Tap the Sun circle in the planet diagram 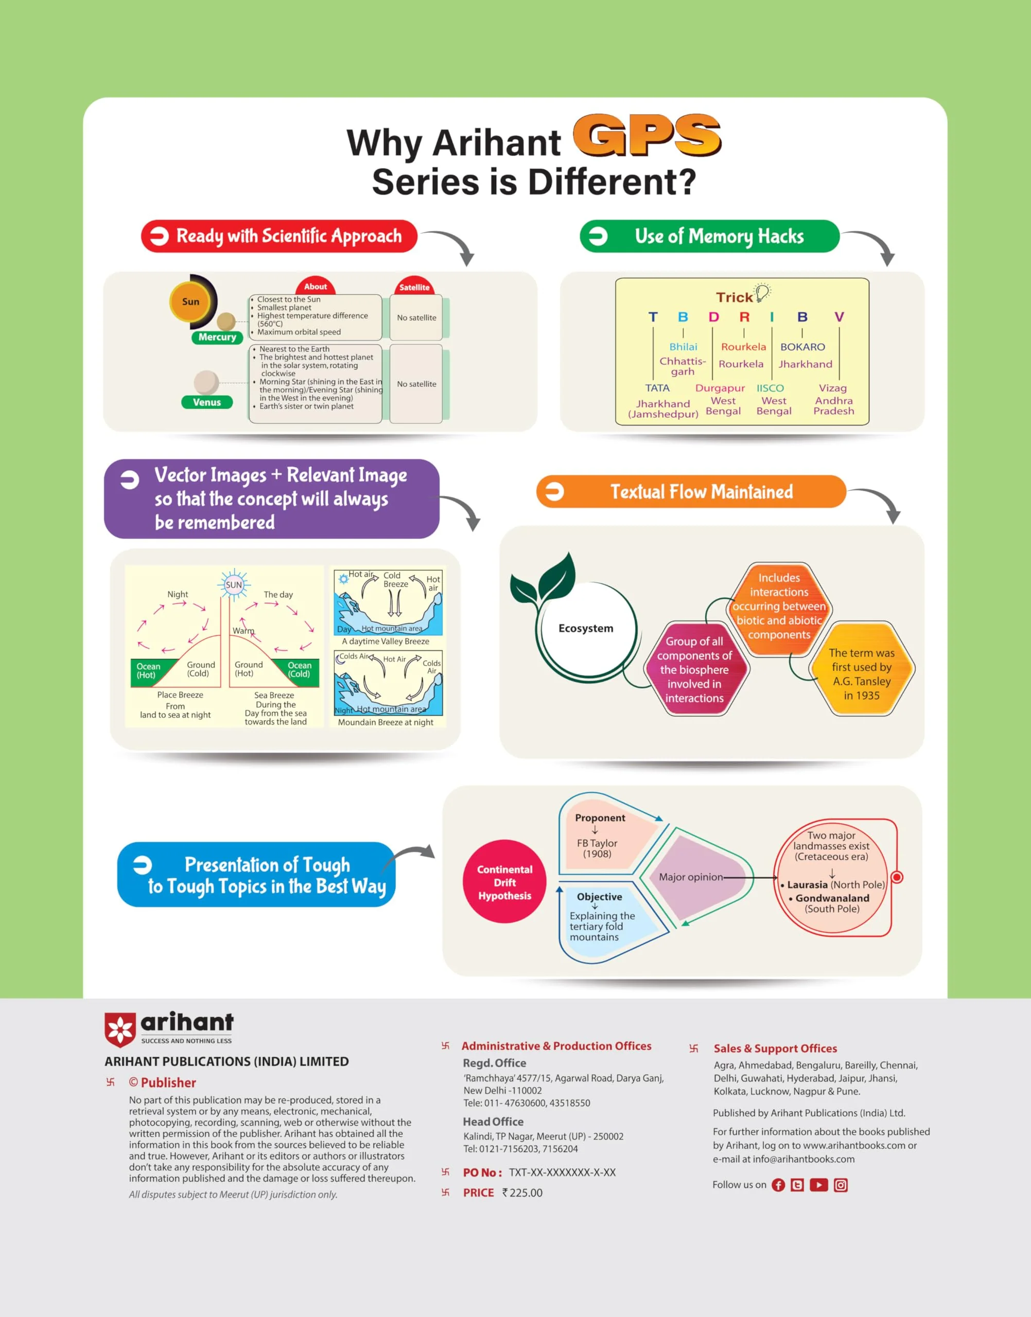tap(191, 301)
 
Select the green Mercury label tap(217, 337)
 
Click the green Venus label tap(207, 402)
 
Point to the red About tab tap(316, 287)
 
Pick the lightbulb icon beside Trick tap(763, 293)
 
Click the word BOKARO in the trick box tap(802, 347)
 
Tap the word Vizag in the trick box tap(832, 388)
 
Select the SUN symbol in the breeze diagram tap(234, 584)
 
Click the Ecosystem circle tap(586, 628)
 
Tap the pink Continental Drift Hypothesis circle tap(504, 882)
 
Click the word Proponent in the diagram tap(600, 818)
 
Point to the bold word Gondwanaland tap(832, 898)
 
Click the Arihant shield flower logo tap(120, 1030)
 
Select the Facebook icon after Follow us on tap(779, 1185)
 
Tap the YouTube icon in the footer tap(818, 1185)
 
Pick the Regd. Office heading tap(494, 1063)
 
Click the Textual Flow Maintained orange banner tap(691, 492)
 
